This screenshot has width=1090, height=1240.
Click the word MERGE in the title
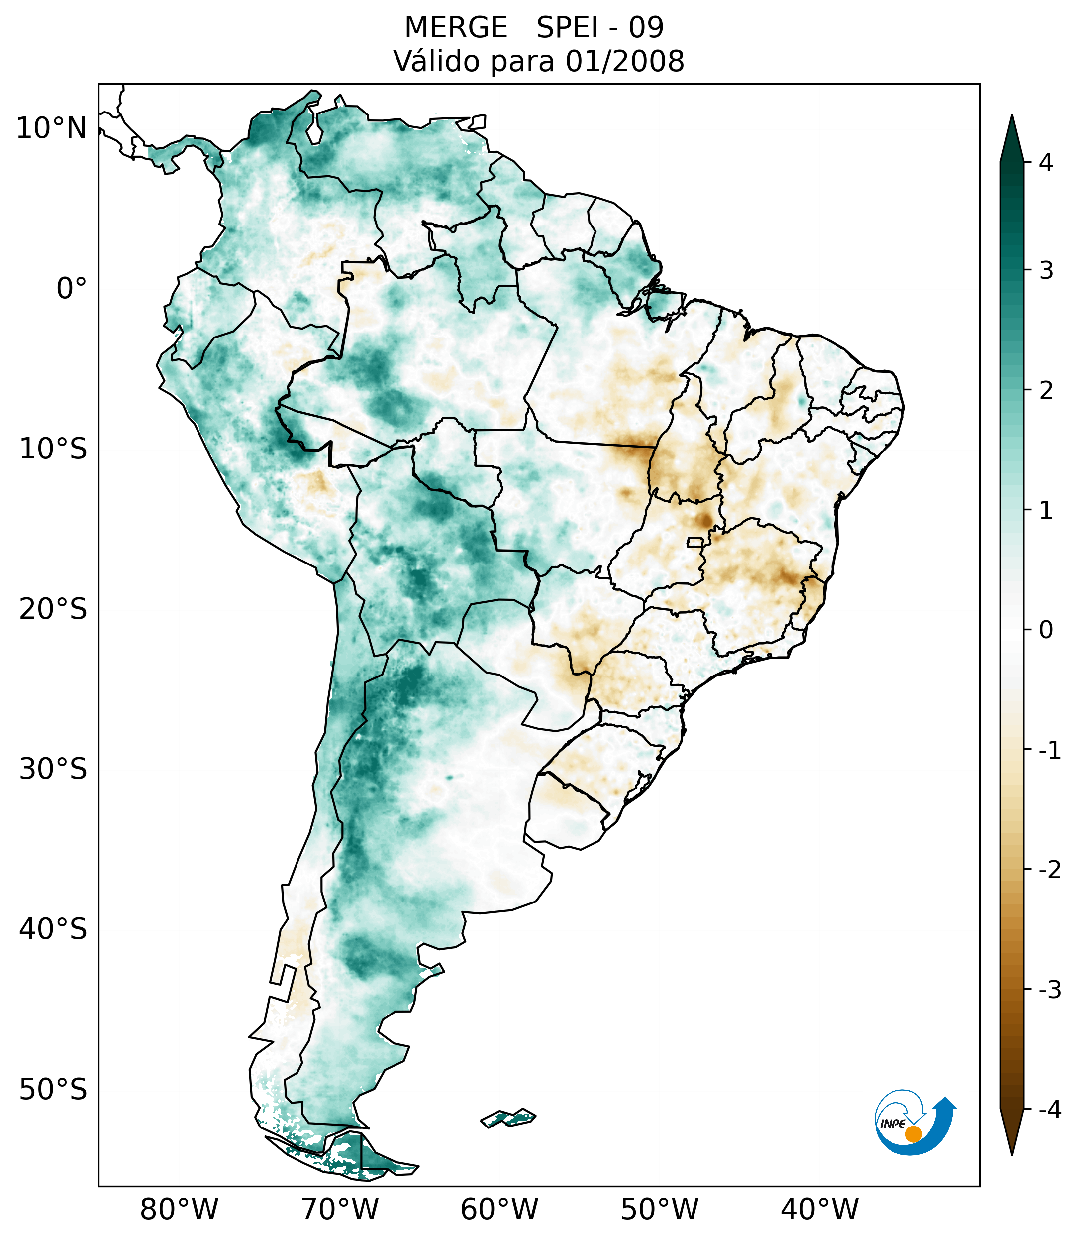(x=456, y=28)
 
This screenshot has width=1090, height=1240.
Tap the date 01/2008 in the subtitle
(x=625, y=61)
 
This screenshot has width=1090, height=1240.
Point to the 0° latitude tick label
(x=72, y=289)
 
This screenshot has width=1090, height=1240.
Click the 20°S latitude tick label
(x=53, y=609)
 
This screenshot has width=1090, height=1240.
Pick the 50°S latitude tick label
(x=53, y=1090)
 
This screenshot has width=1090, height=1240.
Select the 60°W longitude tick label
(x=499, y=1210)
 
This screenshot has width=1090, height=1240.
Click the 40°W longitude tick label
(x=820, y=1210)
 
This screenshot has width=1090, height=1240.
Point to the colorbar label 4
(x=1046, y=163)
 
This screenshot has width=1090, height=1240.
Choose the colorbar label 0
(x=1046, y=630)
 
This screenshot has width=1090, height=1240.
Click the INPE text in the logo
(x=892, y=1124)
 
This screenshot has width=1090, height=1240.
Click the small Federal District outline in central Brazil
(x=695, y=541)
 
